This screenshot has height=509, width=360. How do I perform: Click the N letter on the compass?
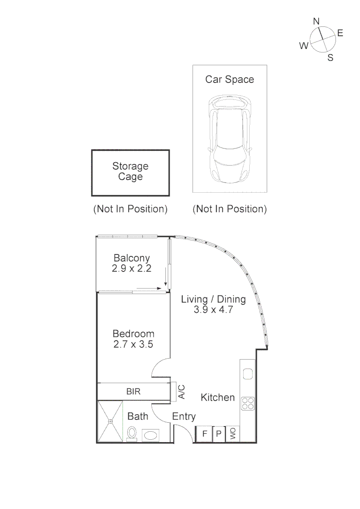[x=317, y=21]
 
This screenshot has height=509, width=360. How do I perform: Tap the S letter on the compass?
[x=330, y=58]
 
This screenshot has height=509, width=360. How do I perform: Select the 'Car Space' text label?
[x=229, y=79]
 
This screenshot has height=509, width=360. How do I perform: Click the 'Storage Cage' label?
[x=130, y=172]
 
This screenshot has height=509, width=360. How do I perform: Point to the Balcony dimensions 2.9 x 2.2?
[x=131, y=269]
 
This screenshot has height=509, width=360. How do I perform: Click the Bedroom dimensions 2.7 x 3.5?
[x=133, y=345]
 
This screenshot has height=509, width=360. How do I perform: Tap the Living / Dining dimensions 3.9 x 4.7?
[x=213, y=310]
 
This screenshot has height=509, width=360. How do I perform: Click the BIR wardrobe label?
[x=133, y=391]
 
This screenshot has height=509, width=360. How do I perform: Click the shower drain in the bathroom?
[x=110, y=421]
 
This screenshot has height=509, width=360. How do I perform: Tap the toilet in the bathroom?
[x=132, y=433]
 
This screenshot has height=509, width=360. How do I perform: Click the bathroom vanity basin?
[x=151, y=435]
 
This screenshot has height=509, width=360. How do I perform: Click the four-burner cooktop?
[x=247, y=403]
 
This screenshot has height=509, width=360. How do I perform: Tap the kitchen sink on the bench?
[x=247, y=374]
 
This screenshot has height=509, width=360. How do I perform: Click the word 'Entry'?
[x=184, y=417]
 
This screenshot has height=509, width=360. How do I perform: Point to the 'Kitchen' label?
[x=218, y=397]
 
